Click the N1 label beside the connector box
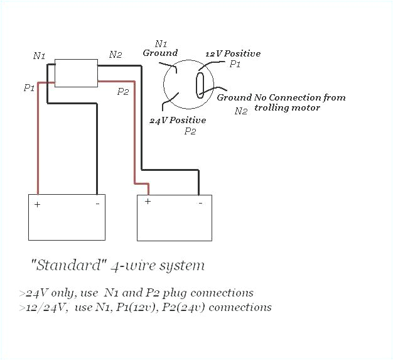coord(39,56)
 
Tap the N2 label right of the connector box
coord(116,55)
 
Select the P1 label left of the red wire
coord(29,88)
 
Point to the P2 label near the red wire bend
coord(123,92)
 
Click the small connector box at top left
coord(75,72)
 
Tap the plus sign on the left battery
coord(37,205)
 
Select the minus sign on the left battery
coord(97,204)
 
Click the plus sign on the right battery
coord(148,201)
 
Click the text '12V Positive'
coord(233,53)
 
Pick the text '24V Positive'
coord(177,120)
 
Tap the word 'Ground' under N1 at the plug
coord(160,53)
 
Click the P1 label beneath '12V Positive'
coord(234,64)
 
